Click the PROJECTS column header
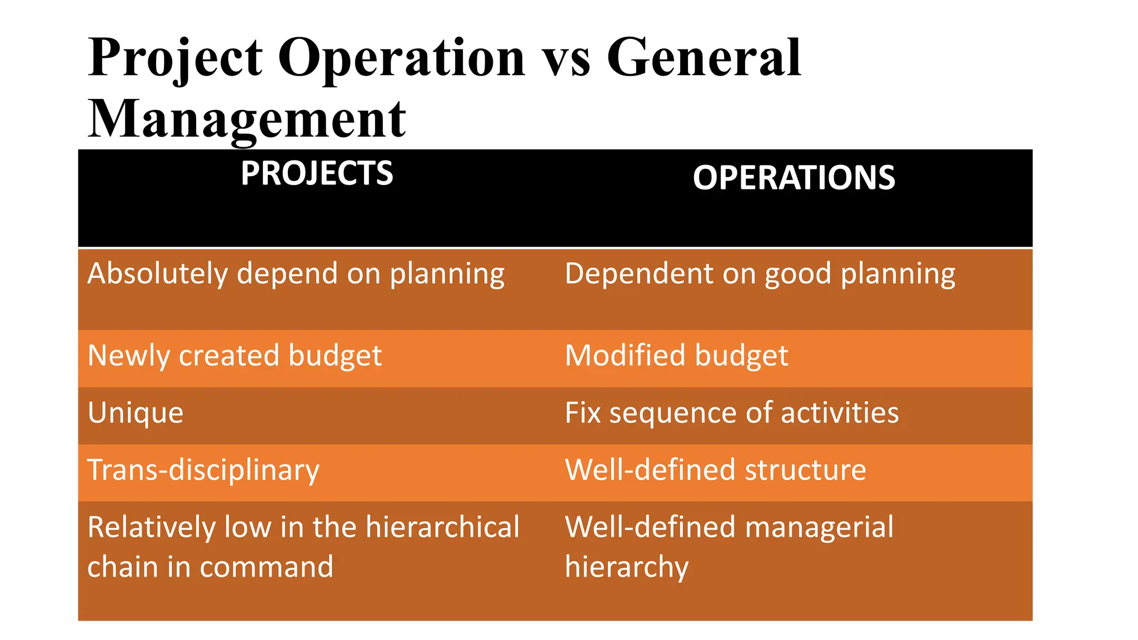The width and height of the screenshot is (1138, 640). (x=317, y=173)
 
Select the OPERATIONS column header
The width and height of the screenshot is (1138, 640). (x=793, y=178)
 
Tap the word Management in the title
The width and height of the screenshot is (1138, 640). (x=247, y=119)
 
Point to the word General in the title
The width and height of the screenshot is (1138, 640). (x=703, y=57)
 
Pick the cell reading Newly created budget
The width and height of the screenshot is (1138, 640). (x=234, y=356)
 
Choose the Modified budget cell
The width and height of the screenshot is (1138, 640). (x=676, y=356)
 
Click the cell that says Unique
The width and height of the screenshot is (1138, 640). (x=136, y=413)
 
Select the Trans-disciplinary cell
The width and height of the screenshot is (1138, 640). (x=203, y=470)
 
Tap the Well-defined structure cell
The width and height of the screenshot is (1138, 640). (x=715, y=470)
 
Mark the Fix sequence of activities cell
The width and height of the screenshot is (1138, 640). (x=731, y=413)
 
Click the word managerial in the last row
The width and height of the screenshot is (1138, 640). (x=819, y=527)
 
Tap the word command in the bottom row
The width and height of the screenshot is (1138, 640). (x=266, y=567)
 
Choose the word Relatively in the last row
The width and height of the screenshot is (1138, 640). (x=151, y=527)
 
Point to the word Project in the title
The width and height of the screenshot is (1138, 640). (x=175, y=58)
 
